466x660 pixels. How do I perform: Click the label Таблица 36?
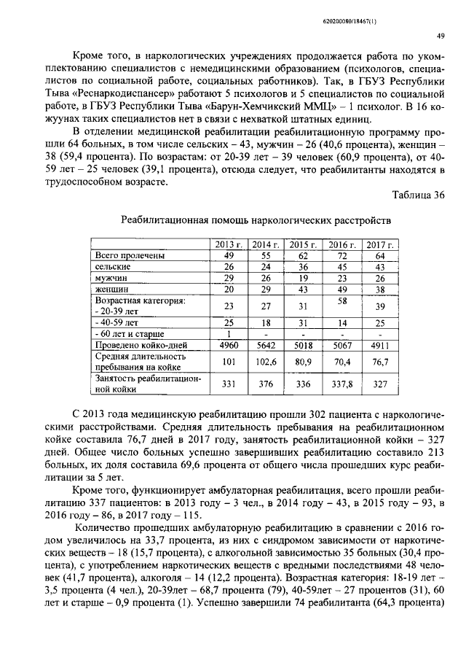pos(418,195)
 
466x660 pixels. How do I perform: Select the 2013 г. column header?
pos(229,244)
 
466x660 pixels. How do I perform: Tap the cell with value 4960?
pos(229,345)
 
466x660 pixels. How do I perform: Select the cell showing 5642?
pos(266,345)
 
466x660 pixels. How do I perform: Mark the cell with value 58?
pos(341,300)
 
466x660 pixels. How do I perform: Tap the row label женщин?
pos(112,290)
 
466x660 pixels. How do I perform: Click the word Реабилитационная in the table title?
pos(166,219)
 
